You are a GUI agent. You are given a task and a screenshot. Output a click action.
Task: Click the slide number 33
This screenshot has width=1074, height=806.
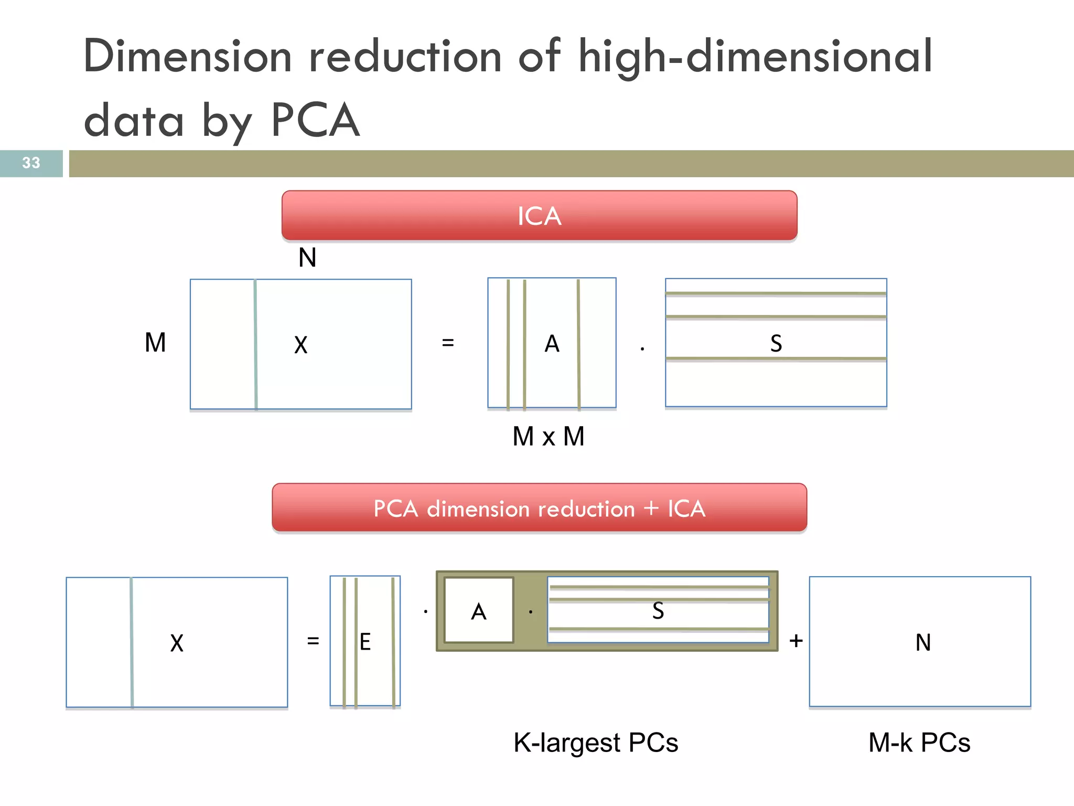[31, 163]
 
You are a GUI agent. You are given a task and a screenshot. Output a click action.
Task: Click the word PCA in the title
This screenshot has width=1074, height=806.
[315, 120]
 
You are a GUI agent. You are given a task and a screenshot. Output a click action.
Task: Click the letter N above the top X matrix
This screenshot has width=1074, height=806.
[307, 258]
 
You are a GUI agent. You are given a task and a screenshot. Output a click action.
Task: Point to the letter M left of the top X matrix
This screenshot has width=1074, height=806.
[155, 343]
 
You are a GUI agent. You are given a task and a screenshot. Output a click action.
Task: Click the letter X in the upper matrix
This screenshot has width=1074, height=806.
[300, 345]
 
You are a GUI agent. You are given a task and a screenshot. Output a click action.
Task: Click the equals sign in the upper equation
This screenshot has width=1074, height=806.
[447, 343]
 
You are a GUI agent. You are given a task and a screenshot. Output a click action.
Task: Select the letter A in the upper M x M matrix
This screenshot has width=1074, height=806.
[552, 344]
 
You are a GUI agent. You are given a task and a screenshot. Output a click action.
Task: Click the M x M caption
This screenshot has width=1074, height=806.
[548, 437]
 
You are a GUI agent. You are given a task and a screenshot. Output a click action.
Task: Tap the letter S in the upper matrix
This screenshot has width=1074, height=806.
[776, 344]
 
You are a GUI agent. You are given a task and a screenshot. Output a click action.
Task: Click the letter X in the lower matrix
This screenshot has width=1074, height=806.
[177, 643]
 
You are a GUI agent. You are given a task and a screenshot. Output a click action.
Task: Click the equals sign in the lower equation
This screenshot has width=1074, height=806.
[313, 641]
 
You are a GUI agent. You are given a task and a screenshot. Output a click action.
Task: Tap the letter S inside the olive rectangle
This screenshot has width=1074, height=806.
[658, 611]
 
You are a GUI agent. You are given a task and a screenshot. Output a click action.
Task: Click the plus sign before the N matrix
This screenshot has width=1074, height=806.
[796, 641]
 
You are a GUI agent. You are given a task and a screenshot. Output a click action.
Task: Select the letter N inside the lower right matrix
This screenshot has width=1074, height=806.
[923, 643]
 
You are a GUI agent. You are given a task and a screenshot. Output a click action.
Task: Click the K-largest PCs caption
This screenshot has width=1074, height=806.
[596, 743]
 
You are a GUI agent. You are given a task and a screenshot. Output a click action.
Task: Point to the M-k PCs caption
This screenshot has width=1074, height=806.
[919, 743]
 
